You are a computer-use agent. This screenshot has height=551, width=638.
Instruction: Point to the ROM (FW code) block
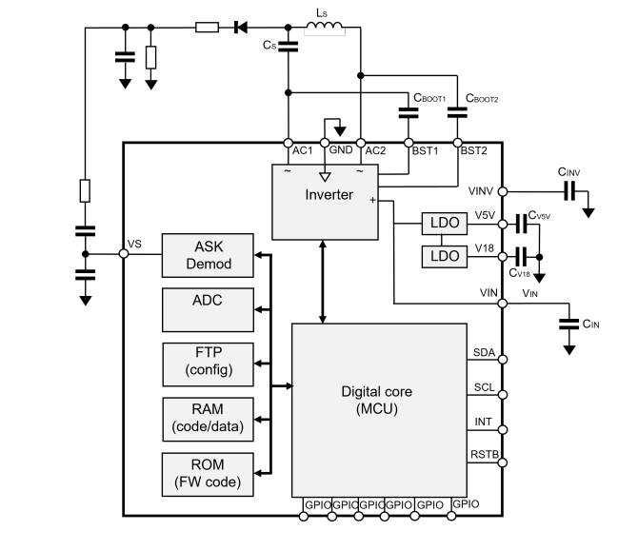point(208,473)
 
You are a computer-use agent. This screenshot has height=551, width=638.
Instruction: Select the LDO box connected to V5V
point(445,224)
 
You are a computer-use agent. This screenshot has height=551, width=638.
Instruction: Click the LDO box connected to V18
point(445,256)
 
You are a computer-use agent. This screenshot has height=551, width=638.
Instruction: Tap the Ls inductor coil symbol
point(323,29)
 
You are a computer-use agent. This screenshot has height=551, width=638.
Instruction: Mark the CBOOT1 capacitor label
point(429,97)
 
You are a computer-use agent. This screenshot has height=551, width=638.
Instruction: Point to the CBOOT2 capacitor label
point(482,97)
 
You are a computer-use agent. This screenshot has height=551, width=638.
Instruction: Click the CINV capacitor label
point(568,171)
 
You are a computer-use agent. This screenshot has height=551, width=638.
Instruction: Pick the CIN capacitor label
point(590,324)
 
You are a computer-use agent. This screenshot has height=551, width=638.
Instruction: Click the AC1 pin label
point(302,150)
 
